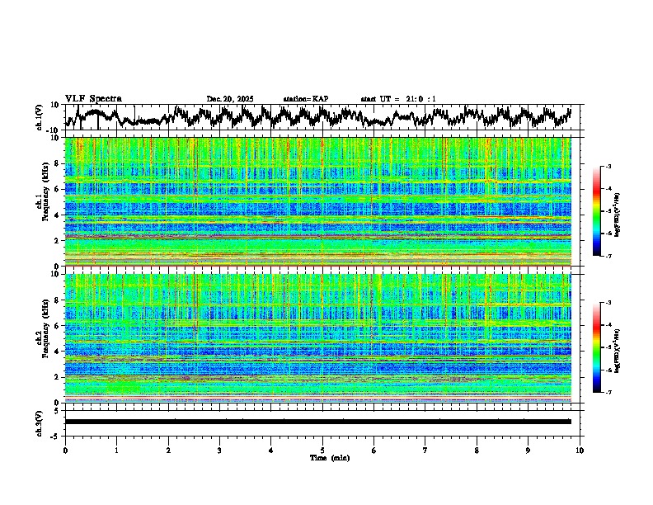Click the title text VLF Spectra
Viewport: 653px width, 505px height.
93,98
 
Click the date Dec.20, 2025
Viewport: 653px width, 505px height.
230,99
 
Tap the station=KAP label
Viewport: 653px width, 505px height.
305,99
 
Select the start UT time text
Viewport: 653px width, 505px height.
398,99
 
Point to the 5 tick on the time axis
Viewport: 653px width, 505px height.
322,451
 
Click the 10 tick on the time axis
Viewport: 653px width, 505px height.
580,451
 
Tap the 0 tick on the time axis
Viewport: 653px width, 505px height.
65,451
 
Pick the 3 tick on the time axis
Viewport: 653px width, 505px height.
219,451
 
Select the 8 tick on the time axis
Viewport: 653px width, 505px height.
477,451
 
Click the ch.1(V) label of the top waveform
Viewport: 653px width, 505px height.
40,118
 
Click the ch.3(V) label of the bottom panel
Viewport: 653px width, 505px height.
40,422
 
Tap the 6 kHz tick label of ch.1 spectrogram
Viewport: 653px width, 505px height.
56,189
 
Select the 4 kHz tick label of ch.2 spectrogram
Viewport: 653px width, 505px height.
56,351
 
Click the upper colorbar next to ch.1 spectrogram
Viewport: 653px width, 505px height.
608,212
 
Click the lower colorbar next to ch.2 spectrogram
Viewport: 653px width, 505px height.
608,347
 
